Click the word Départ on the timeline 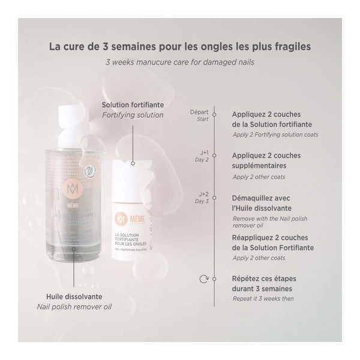click(x=199, y=112)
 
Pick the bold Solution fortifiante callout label click(x=132, y=104)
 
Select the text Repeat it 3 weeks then click(x=263, y=298)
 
